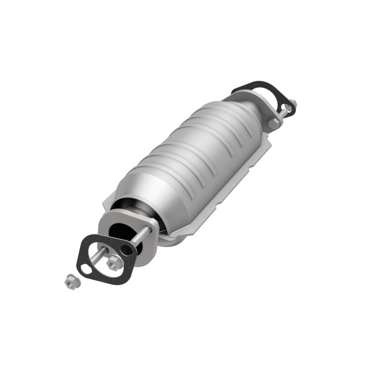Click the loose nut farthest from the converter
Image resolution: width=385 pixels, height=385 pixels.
pos(70,281)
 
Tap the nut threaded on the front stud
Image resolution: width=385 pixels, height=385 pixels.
pos(114,262)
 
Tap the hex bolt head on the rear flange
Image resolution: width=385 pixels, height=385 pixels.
pos(274,123)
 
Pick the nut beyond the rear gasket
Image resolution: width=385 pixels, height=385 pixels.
pos(292,103)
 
